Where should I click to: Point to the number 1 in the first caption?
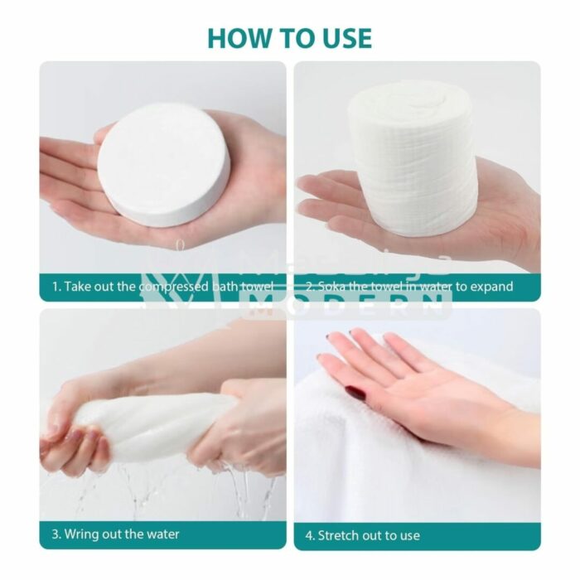point(56,287)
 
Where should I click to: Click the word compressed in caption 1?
point(175,287)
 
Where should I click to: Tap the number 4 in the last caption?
point(309,535)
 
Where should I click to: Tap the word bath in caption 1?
point(225,287)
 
